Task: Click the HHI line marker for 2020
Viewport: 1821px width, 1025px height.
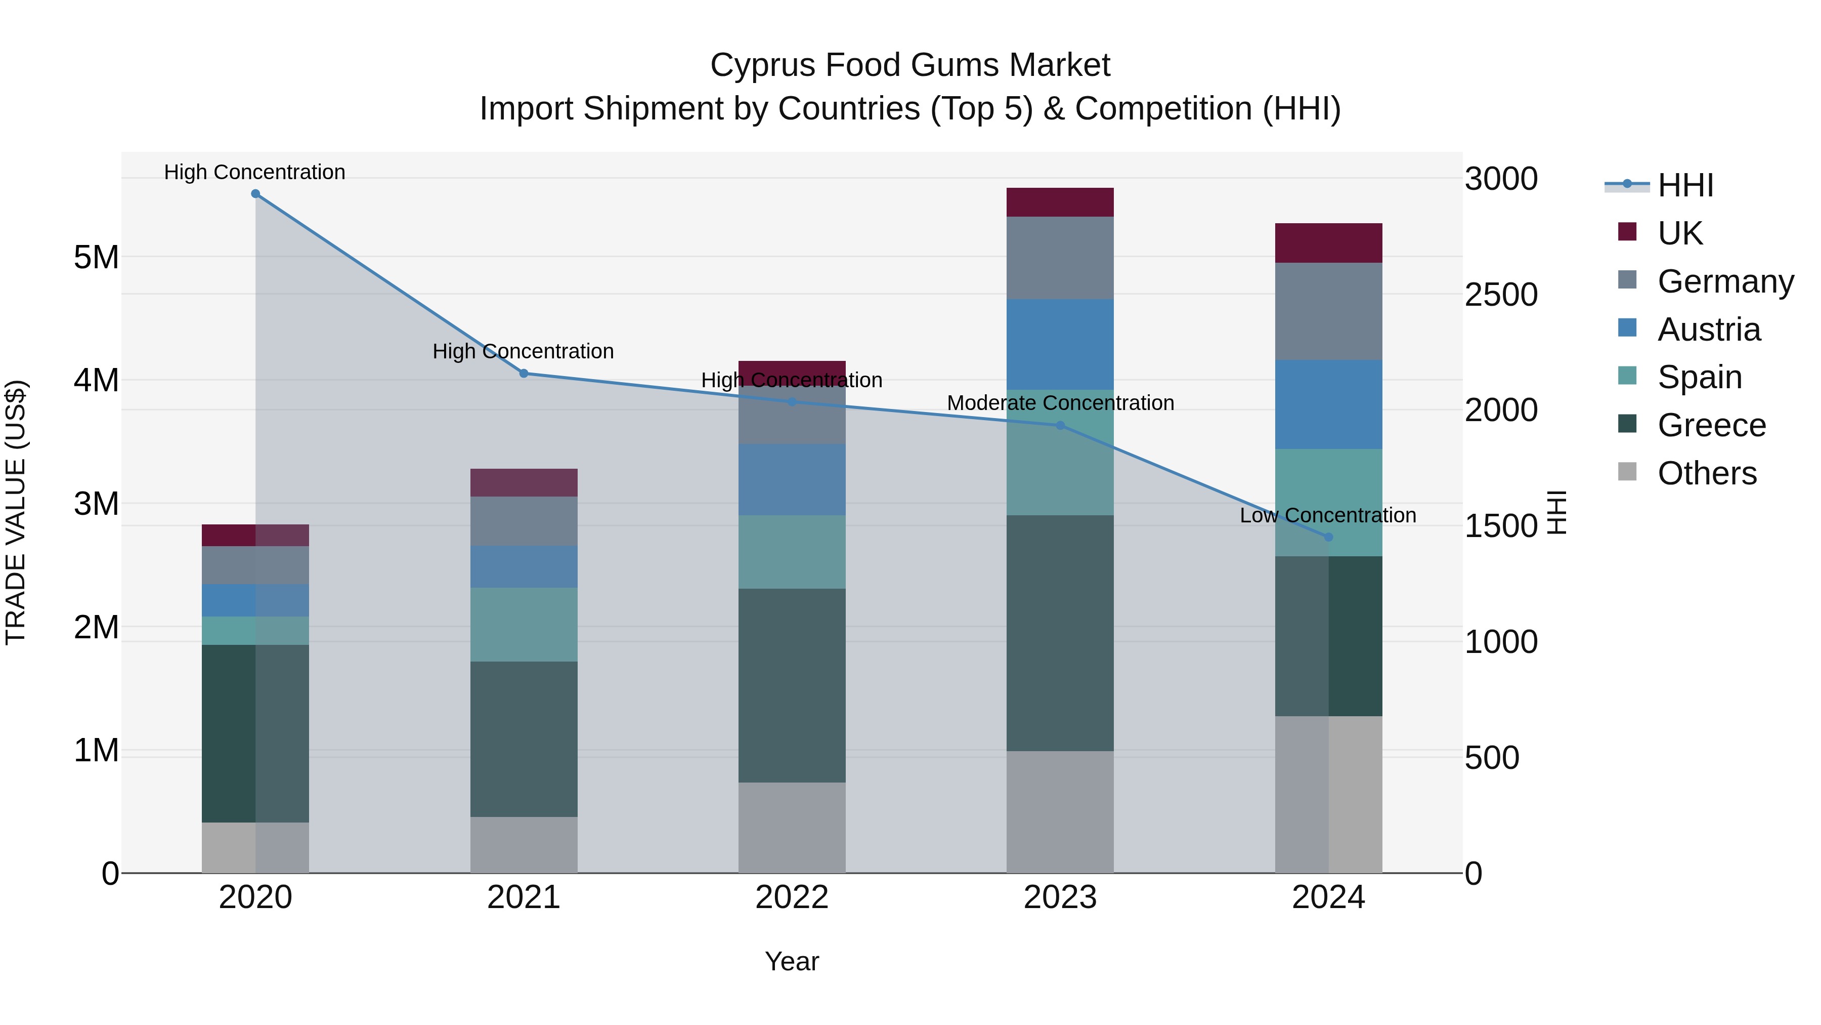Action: coord(255,194)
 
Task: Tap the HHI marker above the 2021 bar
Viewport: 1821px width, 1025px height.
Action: coord(524,374)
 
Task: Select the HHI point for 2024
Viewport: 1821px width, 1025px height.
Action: coord(1328,537)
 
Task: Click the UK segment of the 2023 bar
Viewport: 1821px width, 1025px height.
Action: coord(1060,202)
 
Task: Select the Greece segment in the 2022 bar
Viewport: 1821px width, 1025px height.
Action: coord(792,685)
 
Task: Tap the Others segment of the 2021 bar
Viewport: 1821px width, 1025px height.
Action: coord(524,845)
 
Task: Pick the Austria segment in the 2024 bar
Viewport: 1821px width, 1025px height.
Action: coord(1328,404)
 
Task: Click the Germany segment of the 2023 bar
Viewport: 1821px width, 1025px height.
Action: coord(1060,258)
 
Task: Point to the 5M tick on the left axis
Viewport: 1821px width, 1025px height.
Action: coord(96,258)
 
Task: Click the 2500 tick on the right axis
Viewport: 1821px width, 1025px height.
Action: coord(1501,295)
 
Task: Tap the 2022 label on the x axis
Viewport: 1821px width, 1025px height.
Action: coord(792,897)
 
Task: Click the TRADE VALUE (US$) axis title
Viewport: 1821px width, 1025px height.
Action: coord(16,512)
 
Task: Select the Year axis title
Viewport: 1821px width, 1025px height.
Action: coord(792,961)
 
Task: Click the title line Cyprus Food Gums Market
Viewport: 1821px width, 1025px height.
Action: coord(910,65)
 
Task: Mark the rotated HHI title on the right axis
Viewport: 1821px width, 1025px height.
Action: coord(1556,512)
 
